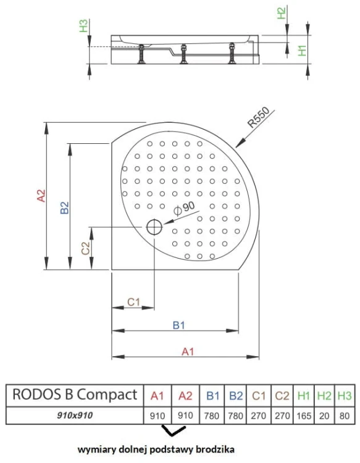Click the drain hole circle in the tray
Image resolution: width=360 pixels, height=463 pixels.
154,228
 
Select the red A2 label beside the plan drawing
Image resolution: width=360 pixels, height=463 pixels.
41,196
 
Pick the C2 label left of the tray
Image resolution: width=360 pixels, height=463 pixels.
86,248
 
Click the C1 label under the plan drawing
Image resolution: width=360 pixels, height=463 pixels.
134,302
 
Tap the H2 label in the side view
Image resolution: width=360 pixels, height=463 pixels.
282,13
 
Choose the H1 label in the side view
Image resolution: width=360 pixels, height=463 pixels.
302,51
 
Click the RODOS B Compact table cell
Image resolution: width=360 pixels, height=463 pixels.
75,395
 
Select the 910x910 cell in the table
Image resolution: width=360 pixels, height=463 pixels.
75,415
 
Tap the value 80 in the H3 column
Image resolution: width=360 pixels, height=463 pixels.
345,415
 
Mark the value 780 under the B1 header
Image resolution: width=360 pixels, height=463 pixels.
212,415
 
